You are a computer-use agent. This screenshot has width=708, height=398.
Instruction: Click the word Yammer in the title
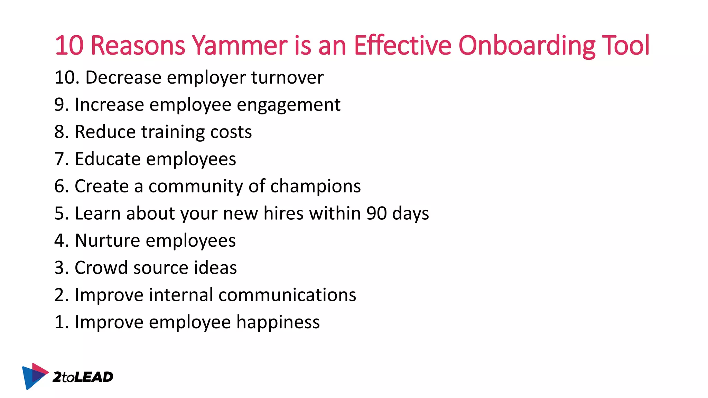(x=240, y=45)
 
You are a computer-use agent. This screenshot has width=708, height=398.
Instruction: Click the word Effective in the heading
(x=402, y=45)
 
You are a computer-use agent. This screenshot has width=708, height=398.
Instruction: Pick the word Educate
(x=108, y=159)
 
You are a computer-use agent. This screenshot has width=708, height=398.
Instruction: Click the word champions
(x=315, y=187)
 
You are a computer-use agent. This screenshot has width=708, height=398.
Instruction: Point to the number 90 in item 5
(x=376, y=213)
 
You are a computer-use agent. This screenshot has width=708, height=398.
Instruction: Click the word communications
(x=287, y=295)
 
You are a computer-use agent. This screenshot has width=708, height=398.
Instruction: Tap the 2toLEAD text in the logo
(x=83, y=377)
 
